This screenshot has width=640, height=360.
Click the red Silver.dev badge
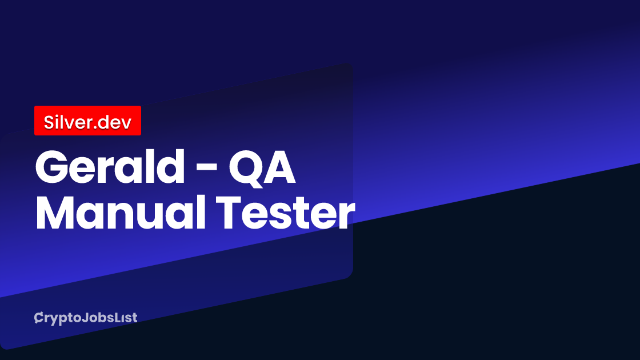[87, 121]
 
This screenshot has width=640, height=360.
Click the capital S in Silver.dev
[49, 121]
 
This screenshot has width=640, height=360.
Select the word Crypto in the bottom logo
[55, 318]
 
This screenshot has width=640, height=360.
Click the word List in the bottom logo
[125, 318]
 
